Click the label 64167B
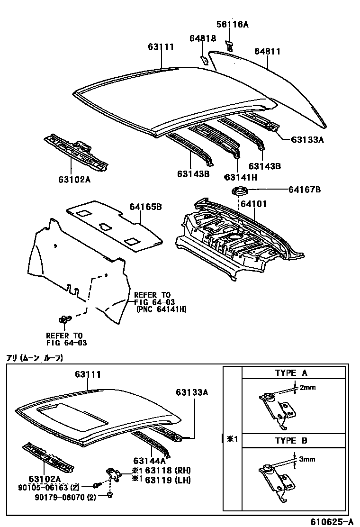point(305,190)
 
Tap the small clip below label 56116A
point(230,45)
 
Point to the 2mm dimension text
point(308,387)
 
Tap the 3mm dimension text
point(307,459)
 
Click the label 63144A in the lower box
point(149,460)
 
